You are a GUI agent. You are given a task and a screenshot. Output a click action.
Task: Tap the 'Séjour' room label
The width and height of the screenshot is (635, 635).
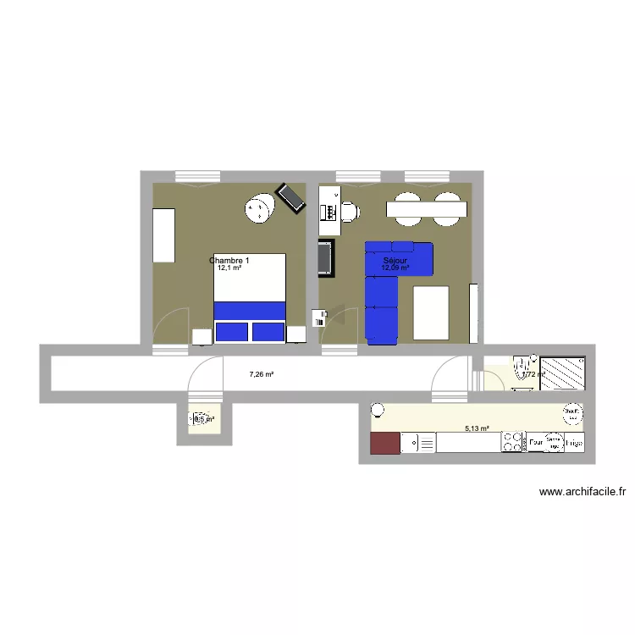click(395, 261)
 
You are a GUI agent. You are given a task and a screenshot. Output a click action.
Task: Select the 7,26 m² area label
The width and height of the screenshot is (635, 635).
click(261, 373)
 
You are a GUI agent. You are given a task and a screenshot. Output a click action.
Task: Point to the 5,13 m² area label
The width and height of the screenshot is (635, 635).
click(478, 428)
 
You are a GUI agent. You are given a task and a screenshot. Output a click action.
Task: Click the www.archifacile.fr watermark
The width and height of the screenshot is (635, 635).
click(583, 492)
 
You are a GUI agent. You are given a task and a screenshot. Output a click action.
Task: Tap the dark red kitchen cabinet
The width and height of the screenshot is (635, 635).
click(385, 443)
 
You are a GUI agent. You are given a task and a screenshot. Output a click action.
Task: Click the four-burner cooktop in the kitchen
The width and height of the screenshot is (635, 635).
click(513, 442)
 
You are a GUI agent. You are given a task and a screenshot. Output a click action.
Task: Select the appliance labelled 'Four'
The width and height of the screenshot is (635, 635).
click(535, 442)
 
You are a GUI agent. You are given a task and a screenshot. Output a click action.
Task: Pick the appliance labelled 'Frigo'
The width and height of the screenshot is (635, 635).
click(574, 442)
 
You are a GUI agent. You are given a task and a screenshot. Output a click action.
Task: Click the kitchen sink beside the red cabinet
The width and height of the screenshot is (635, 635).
click(418, 443)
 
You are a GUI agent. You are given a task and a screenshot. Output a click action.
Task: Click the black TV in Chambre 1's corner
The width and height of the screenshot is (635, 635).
click(291, 198)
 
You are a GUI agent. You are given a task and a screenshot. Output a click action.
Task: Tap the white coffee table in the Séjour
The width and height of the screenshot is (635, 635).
click(431, 313)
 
